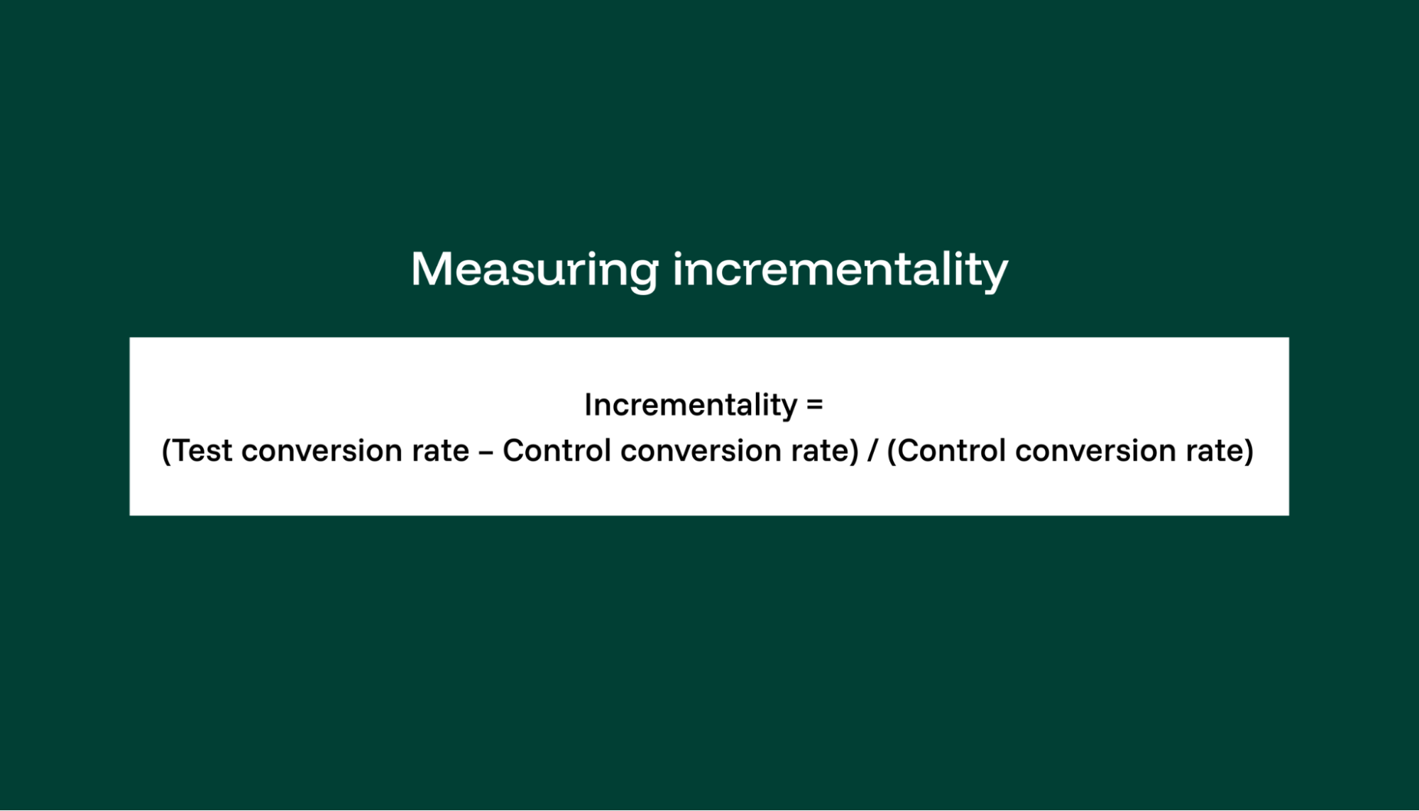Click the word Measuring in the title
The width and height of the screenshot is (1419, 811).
pyautogui.click(x=535, y=270)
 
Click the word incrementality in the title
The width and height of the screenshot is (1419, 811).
pyautogui.click(x=840, y=270)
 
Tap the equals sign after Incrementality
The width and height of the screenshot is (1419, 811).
pyautogui.click(x=815, y=405)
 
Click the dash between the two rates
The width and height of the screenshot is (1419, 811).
pyautogui.click(x=486, y=451)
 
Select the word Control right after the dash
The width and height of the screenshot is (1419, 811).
pyautogui.click(x=557, y=451)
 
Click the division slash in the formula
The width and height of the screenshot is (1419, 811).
pyautogui.click(x=872, y=451)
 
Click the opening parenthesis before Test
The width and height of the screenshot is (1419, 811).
pyautogui.click(x=167, y=451)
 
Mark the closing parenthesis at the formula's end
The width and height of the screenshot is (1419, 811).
pyautogui.click(x=1249, y=451)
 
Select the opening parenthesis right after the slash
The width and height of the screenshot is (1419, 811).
pyautogui.click(x=892, y=451)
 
